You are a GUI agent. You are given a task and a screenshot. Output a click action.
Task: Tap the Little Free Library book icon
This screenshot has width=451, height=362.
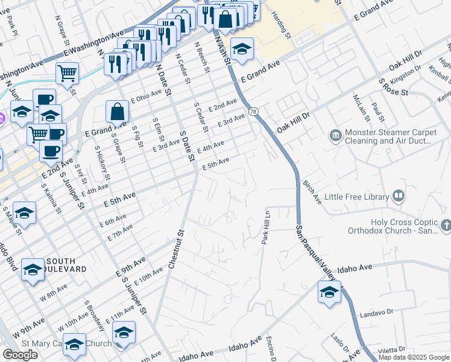pos(398,195)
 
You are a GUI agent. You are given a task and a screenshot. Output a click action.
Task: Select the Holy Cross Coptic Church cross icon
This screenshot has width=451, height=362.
pos(446,225)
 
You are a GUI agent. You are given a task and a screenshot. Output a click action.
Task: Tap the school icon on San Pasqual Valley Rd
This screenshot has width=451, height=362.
pos(329,293)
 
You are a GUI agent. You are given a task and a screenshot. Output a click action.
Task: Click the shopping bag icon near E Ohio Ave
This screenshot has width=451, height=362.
pos(117,111)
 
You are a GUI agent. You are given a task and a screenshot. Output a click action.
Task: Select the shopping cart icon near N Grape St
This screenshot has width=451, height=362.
pos(67,74)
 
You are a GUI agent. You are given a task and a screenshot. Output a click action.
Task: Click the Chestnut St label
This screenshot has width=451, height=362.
pos(175,248)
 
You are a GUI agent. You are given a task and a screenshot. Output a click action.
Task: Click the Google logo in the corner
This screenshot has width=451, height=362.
pos(20,355)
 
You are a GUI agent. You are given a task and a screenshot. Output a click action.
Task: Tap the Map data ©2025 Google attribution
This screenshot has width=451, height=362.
pos(414,357)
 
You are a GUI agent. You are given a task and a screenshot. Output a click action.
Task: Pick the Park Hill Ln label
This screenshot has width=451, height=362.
pos(265,227)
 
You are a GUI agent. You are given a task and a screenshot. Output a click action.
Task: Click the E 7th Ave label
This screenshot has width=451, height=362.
pos(119,233)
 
